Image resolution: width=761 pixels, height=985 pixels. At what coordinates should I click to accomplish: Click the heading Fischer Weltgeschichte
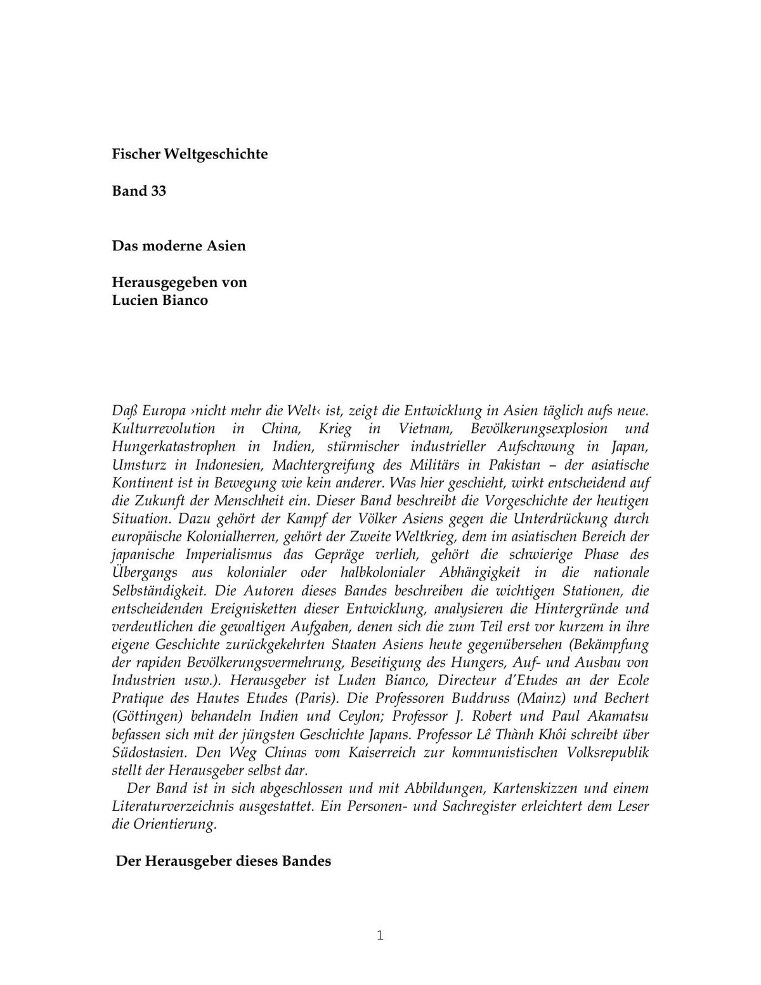click(190, 154)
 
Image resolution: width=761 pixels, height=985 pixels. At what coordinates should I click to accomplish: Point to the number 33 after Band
click(159, 191)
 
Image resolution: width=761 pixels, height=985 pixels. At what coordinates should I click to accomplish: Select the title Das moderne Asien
click(179, 246)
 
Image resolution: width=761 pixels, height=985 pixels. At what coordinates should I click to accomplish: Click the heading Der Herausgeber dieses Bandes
click(223, 861)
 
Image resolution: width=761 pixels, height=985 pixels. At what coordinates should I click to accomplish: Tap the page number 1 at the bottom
click(380, 936)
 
